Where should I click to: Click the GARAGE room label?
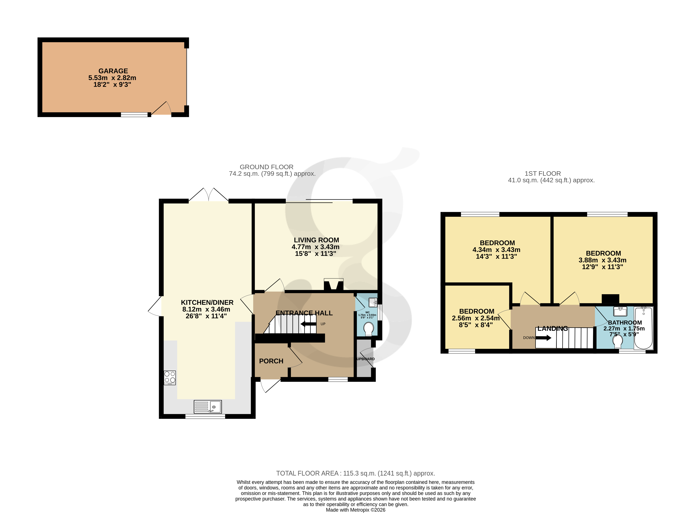click(113, 71)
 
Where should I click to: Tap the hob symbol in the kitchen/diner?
click(170, 378)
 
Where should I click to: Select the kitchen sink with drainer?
click(208, 407)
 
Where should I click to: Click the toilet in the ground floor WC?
click(369, 329)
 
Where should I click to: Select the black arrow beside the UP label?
click(308, 324)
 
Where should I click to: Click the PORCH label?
click(271, 361)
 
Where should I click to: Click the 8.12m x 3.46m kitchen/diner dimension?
click(206, 309)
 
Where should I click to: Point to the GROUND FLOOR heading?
click(266, 167)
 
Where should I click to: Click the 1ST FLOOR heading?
click(543, 174)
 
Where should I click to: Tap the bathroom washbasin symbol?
click(620, 311)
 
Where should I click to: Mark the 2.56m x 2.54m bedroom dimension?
click(476, 318)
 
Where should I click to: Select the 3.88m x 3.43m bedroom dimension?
click(602, 260)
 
